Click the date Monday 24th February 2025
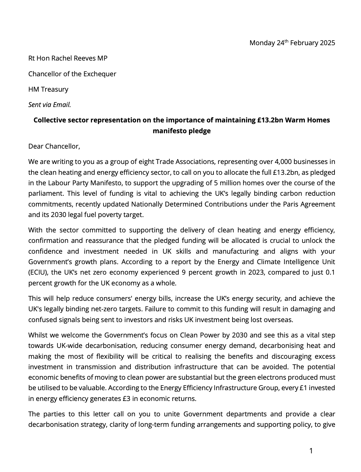pos(292,43)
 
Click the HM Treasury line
pos(48,89)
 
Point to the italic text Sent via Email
pos(49,105)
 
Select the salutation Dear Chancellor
pos(54,146)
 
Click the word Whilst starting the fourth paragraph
pos(38,335)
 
